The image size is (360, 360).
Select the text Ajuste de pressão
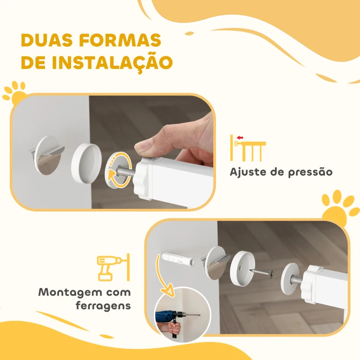pyautogui.click(x=281, y=172)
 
